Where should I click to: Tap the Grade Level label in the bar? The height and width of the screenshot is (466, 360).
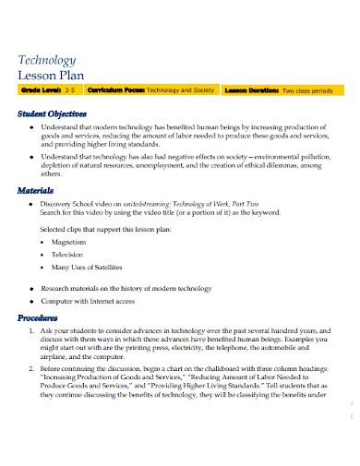pyautogui.click(x=41, y=91)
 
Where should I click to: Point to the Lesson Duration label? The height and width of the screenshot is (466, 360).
pyautogui.click(x=250, y=91)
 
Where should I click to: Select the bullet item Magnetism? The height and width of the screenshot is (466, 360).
pyautogui.click(x=68, y=241)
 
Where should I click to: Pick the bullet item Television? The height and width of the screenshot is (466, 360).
pyautogui.click(x=67, y=254)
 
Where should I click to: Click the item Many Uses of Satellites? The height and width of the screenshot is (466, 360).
pyautogui.click(x=88, y=267)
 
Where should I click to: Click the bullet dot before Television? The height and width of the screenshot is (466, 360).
pyautogui.click(x=43, y=254)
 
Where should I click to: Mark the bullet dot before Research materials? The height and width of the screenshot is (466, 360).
pyautogui.click(x=32, y=288)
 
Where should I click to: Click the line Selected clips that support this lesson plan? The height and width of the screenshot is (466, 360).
pyautogui.click(x=111, y=227)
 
